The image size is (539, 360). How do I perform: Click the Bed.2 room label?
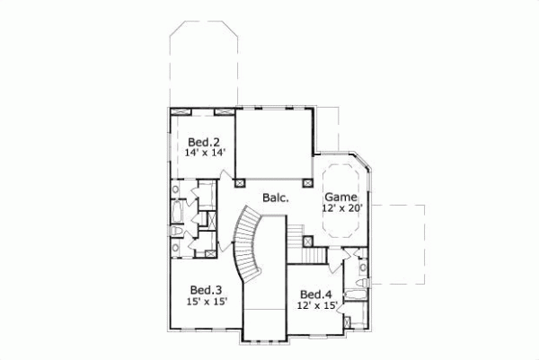tap(203, 141)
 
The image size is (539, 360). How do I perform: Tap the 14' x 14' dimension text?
tap(203, 153)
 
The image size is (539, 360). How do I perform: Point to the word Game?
tap(341, 197)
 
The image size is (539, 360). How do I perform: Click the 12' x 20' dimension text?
tap(340, 208)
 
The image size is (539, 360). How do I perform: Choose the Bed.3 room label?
tap(206, 290)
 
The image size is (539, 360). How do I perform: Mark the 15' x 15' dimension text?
tap(206, 302)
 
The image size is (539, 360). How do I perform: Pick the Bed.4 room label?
tap(317, 294)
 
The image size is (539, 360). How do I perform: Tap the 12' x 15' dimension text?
tap(317, 306)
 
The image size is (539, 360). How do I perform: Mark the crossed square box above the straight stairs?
tap(306, 241)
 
